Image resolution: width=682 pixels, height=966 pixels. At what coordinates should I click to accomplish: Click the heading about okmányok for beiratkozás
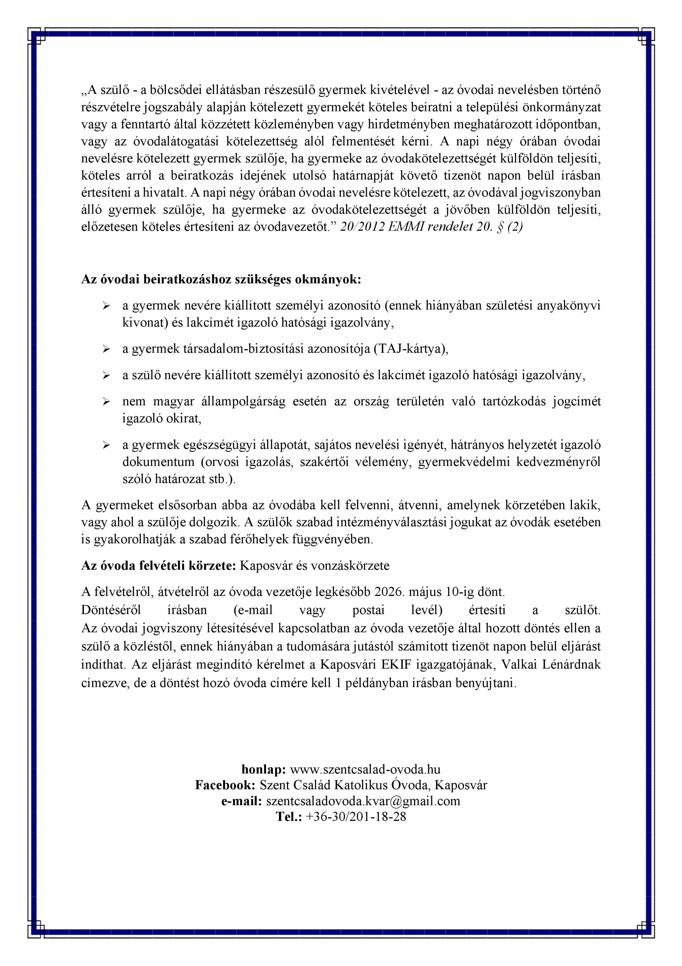221,280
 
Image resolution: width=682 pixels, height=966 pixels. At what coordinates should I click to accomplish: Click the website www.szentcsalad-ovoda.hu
365,769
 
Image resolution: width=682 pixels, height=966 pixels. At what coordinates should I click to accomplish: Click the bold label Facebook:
225,785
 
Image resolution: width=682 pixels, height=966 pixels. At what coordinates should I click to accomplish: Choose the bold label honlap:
264,769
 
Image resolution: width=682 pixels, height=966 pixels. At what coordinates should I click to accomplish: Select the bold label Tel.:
289,817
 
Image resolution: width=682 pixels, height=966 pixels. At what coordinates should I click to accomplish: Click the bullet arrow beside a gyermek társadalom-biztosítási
106,349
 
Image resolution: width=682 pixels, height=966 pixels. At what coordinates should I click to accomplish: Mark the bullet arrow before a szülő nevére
106,376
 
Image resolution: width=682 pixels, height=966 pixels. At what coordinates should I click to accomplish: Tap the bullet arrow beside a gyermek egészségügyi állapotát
106,445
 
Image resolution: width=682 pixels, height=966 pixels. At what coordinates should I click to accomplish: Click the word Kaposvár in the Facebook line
461,785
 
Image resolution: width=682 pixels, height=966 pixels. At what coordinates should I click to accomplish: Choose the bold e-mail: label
242,801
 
